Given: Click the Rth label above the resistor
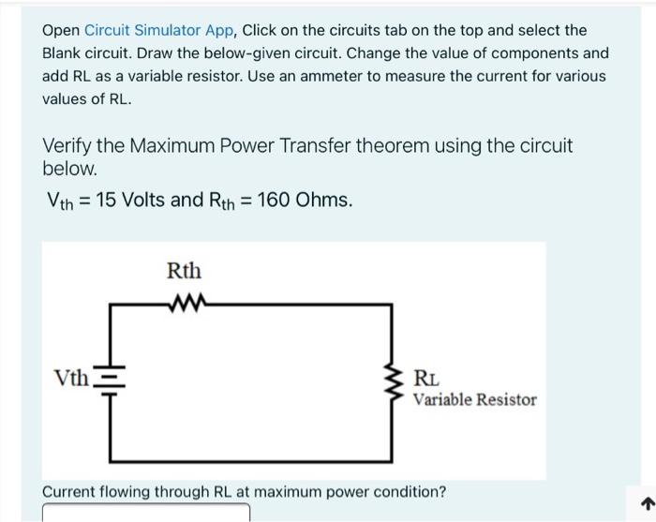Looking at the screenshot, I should [184, 272].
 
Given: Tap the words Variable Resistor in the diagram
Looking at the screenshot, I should [475, 400].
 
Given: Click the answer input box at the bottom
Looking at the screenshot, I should [146, 513].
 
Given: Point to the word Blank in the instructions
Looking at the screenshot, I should [61, 53].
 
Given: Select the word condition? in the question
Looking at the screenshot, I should [410, 491].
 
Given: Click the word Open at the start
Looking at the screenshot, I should [60, 30].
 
